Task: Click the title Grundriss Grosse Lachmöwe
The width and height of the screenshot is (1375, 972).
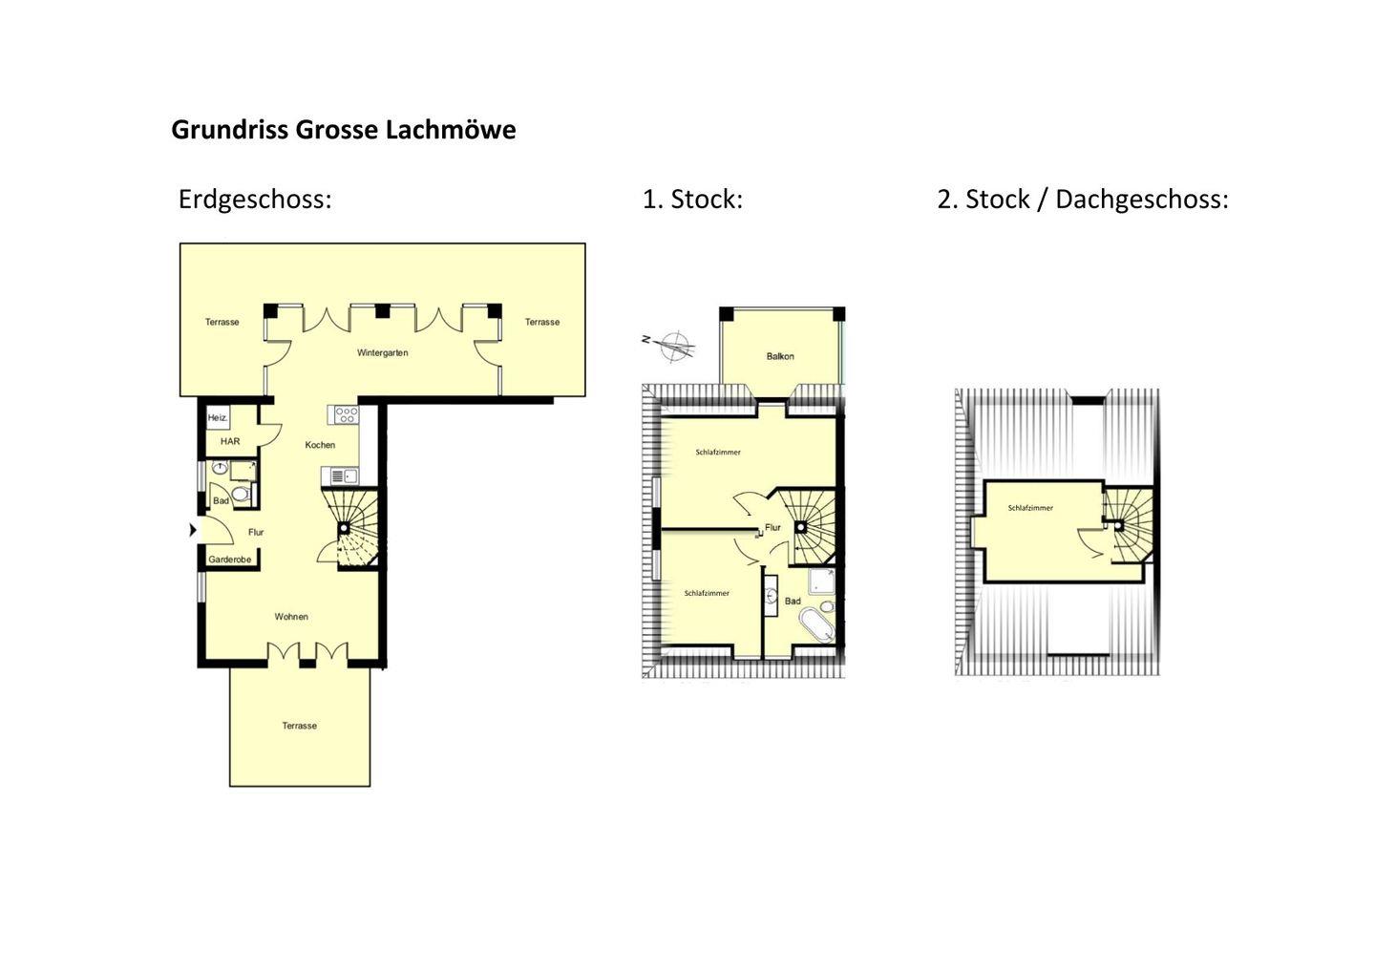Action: coord(343,130)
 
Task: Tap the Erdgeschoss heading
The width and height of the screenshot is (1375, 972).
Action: coord(255,200)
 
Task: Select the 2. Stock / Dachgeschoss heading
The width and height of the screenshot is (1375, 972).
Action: coord(1082,200)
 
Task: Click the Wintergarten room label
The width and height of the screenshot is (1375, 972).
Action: coord(382,353)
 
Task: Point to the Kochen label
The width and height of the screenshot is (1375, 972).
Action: coord(320,445)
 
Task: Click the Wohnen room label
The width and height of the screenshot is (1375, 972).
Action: coord(291,617)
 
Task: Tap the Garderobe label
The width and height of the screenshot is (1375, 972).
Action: coord(229,560)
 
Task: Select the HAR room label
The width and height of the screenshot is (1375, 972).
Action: coord(230,441)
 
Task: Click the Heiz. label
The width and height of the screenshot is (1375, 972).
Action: coord(218,418)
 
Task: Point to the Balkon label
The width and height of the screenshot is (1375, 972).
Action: coord(780,356)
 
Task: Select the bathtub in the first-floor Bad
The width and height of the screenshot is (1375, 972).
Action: coord(817,624)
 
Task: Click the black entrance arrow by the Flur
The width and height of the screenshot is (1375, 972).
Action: coord(193,530)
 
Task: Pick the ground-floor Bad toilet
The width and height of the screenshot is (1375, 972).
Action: coord(241,494)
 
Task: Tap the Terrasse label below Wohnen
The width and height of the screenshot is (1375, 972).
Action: coord(300,726)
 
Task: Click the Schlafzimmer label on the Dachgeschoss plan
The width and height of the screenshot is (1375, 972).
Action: coord(1030,508)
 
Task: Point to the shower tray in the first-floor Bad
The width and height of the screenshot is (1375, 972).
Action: coord(821,581)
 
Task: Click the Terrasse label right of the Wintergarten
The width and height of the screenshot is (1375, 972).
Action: coord(542,322)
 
